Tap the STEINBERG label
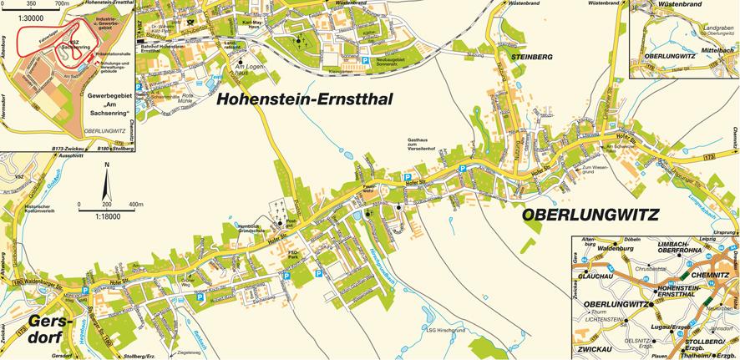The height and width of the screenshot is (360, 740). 527,57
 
